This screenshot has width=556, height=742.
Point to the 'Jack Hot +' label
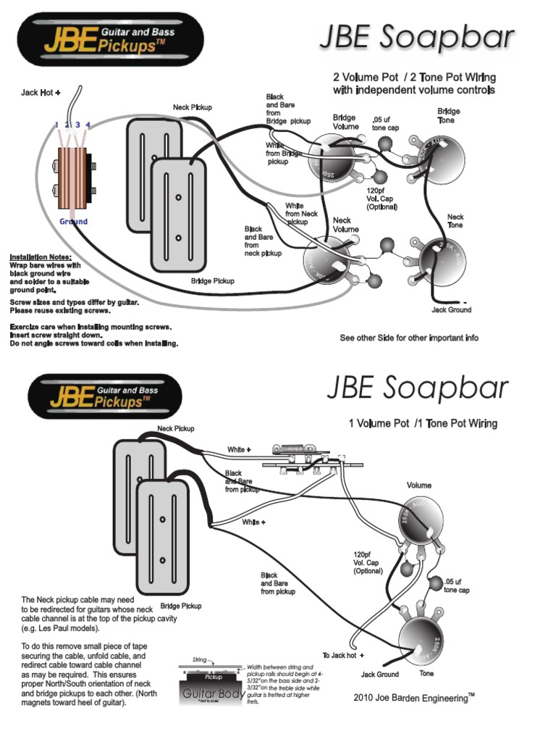(41, 92)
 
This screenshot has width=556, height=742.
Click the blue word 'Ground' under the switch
(74, 222)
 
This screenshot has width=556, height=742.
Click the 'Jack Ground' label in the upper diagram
(451, 309)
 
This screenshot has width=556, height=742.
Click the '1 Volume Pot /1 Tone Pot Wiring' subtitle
(423, 423)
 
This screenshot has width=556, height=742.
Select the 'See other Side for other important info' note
(409, 338)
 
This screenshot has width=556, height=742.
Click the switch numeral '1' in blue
(56, 126)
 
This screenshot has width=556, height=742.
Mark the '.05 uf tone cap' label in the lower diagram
(457, 585)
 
